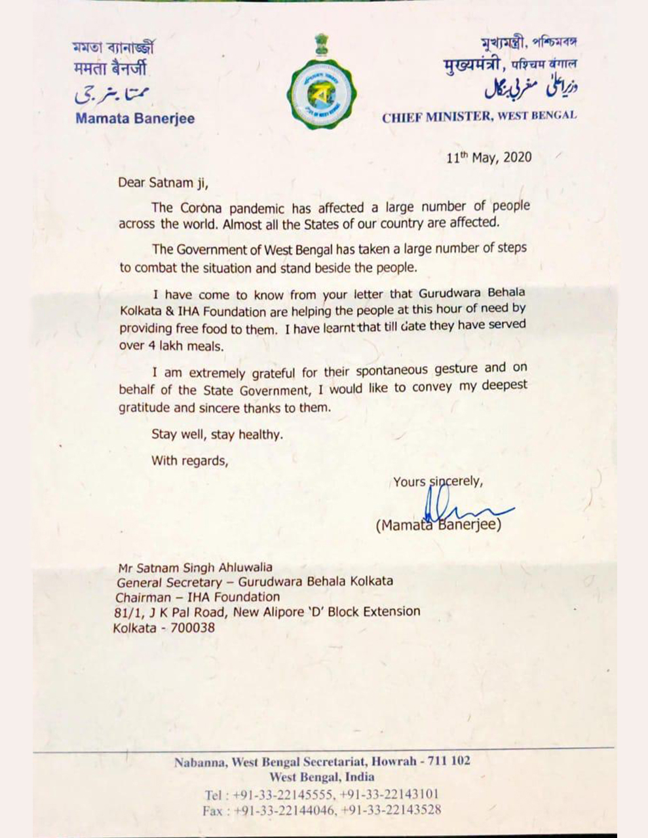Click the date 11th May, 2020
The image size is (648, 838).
[x=489, y=158]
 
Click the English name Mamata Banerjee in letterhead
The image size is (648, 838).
[x=135, y=119]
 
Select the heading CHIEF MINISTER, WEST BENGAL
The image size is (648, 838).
[x=480, y=116]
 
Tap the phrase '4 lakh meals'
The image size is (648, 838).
[x=191, y=346]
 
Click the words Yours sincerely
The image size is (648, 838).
[x=438, y=483]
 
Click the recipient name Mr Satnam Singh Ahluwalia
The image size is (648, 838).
[x=194, y=568]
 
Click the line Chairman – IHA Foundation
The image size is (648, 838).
[x=198, y=597]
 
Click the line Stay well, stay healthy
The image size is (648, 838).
[x=218, y=433]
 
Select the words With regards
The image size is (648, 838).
[x=190, y=460]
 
